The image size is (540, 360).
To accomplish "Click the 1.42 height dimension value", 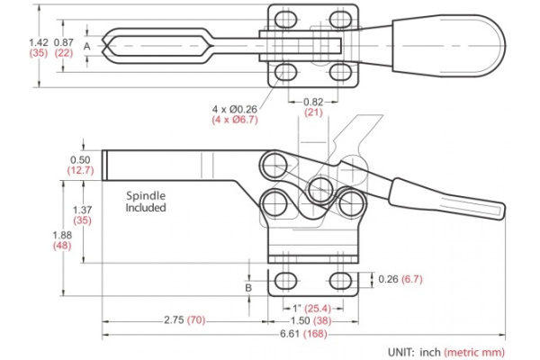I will pos(38,41).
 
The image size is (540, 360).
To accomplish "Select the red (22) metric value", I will pos(63,54).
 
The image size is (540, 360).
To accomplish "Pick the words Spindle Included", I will pos(146,200).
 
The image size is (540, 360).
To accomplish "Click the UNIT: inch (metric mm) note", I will pos(445,352).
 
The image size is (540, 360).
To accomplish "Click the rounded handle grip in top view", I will pos(445,44).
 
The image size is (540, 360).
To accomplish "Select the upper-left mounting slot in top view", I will pos(285,20).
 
